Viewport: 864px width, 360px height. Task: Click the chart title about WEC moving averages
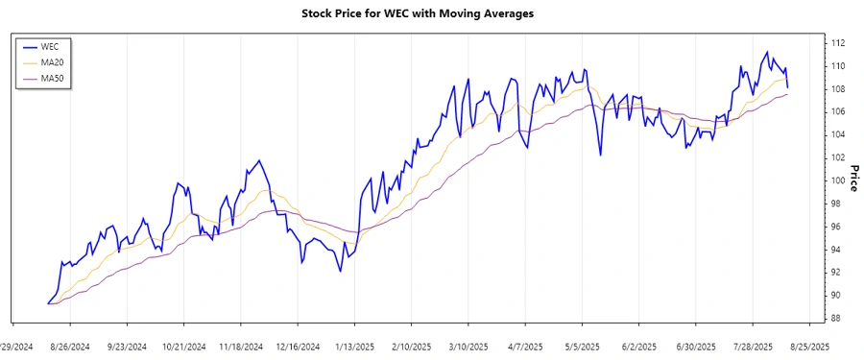(x=418, y=13)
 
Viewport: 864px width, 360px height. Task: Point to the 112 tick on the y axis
(x=837, y=43)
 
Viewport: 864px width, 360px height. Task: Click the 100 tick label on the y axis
(x=837, y=180)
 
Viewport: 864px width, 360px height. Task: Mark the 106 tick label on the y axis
(x=837, y=111)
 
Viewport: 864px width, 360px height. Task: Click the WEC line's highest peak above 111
(x=766, y=52)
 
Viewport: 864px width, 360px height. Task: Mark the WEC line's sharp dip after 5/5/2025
(x=600, y=155)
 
